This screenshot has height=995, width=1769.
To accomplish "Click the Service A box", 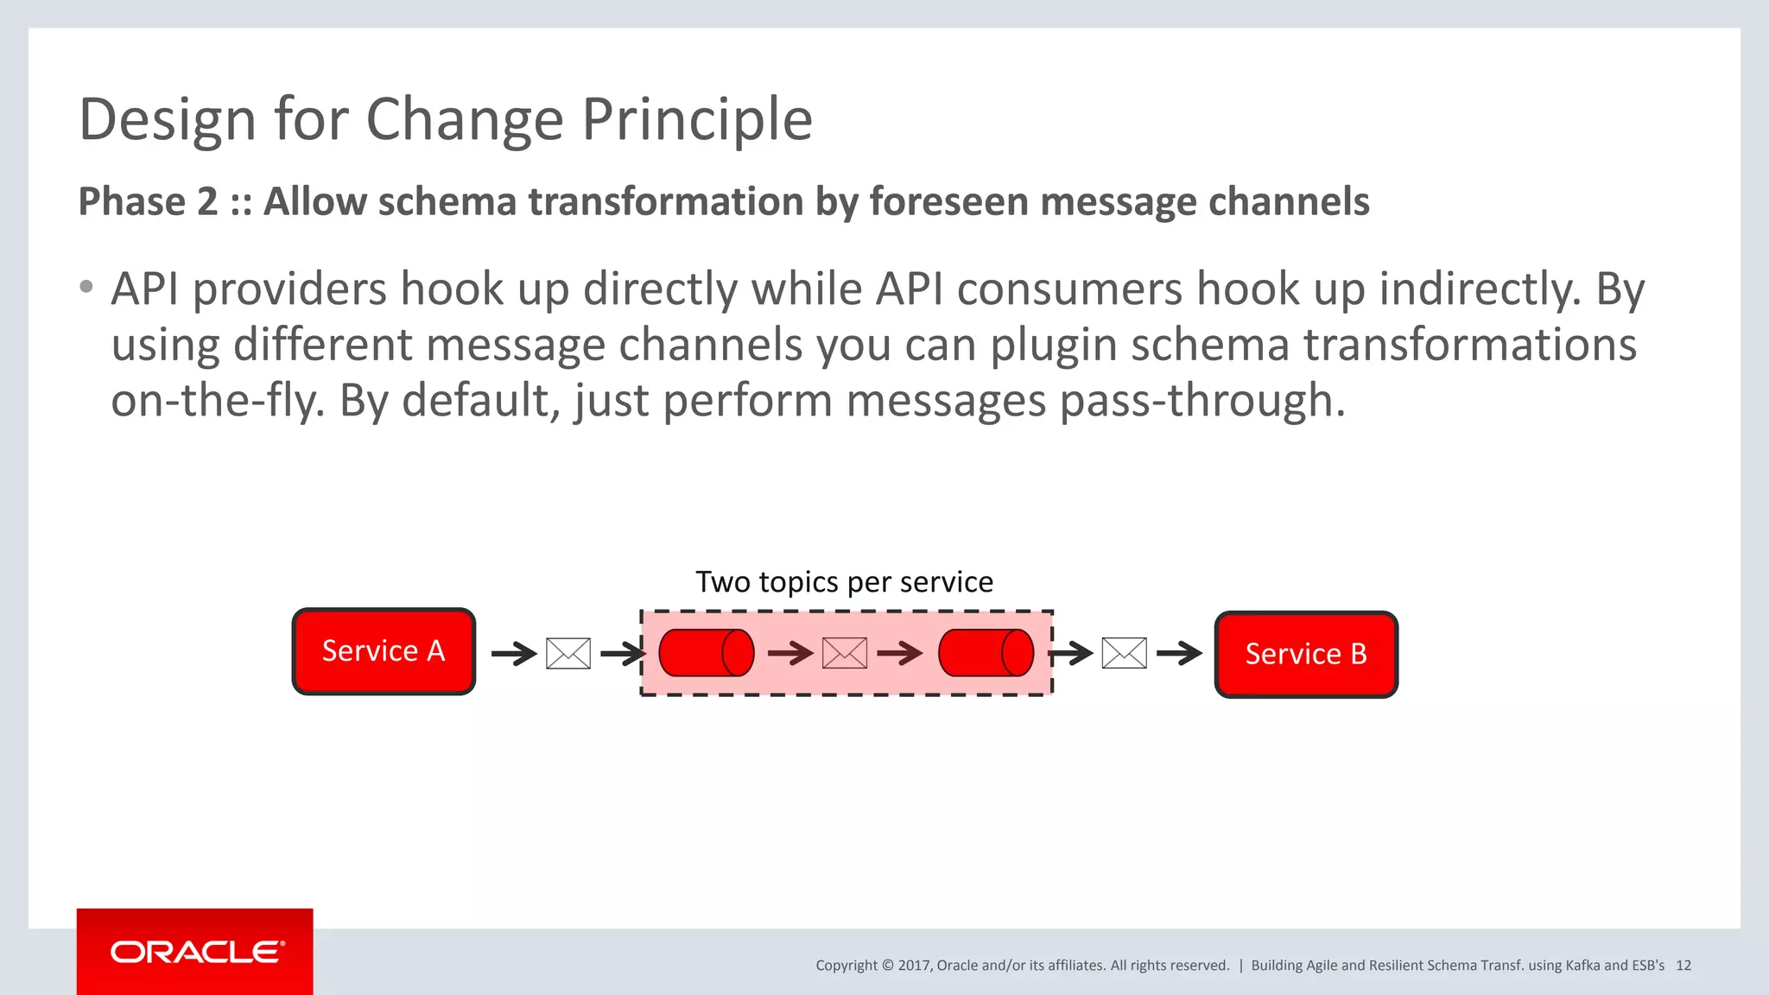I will click(x=384, y=651).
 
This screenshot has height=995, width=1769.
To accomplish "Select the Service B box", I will click(x=1306, y=655).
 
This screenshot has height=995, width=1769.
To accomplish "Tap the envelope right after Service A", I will click(x=568, y=654).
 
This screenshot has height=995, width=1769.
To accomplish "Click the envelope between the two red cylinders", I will click(x=845, y=654).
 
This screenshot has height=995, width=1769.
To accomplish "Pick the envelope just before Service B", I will click(x=1125, y=654).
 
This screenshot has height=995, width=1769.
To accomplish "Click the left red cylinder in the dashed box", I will click(x=706, y=653).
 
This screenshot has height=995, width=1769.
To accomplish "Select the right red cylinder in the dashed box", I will click(x=986, y=653).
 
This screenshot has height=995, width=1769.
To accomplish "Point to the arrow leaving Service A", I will click(x=514, y=654).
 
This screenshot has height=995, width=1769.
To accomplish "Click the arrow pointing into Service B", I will click(x=1179, y=654).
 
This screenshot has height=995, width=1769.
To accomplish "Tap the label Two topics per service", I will click(x=844, y=582).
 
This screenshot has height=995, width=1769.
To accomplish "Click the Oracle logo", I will click(x=196, y=952).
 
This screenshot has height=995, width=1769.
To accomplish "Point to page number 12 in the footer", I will click(x=1683, y=966).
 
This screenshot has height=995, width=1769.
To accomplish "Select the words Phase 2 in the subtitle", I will click(x=148, y=202).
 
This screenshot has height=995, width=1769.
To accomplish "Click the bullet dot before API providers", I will click(x=86, y=288).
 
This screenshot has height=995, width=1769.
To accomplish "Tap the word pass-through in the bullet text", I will click(x=1202, y=401).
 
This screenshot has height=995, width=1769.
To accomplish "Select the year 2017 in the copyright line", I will click(x=913, y=966).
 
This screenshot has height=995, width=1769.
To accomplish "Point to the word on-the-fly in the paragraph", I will click(x=217, y=401).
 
